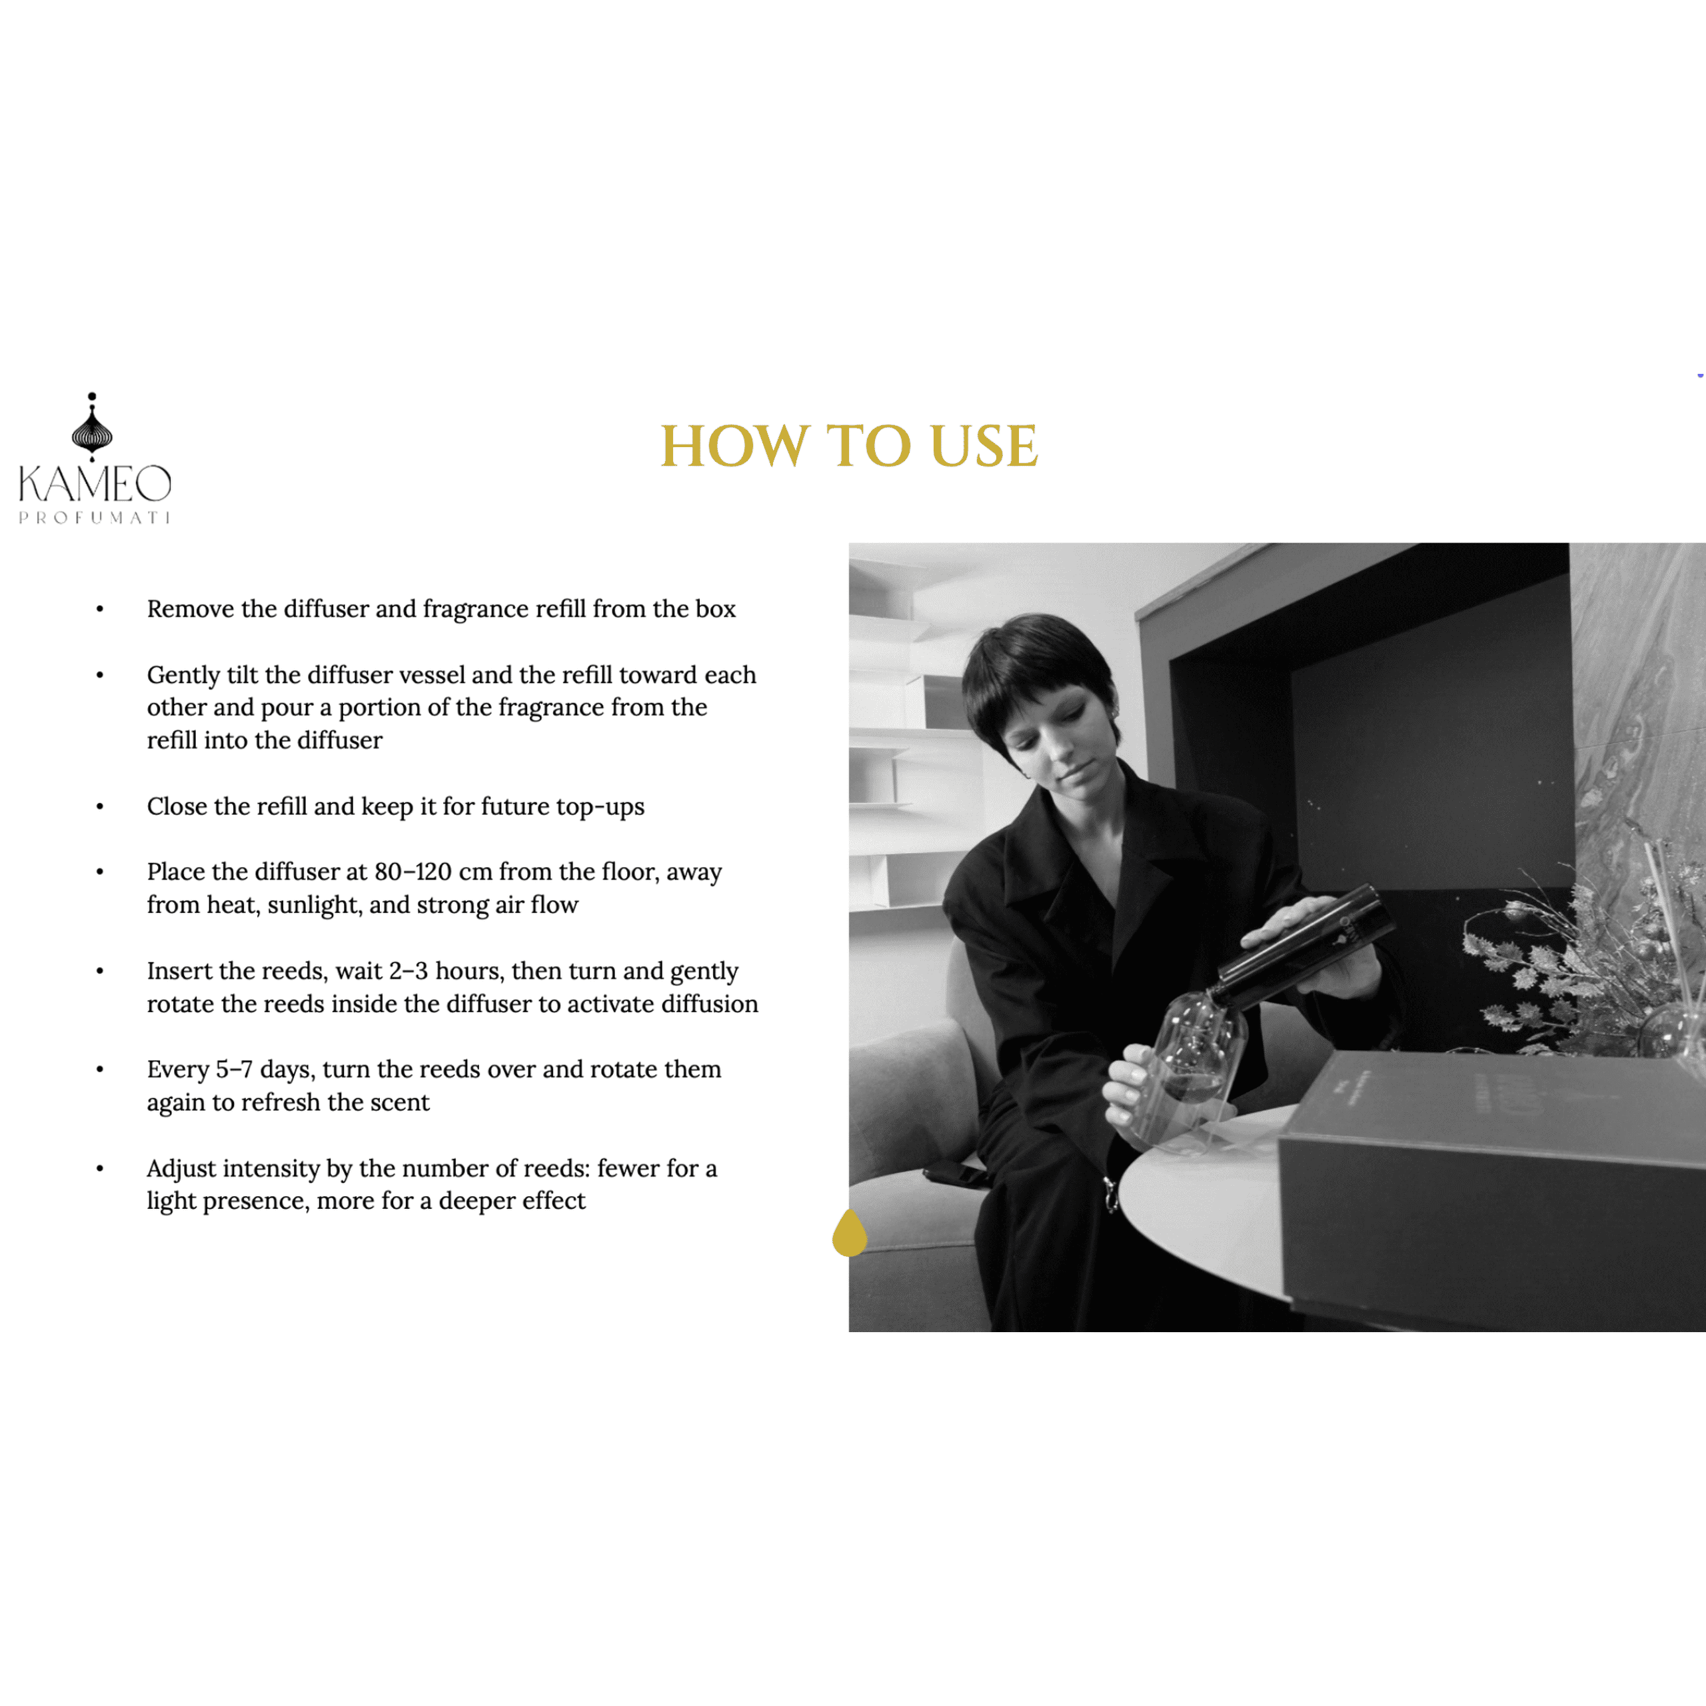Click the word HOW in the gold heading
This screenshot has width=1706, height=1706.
(734, 446)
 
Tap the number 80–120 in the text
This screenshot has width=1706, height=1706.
(413, 872)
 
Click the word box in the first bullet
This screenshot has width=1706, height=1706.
(715, 609)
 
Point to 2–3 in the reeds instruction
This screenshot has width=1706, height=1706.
(408, 972)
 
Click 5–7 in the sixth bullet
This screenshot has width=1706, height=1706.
(234, 1070)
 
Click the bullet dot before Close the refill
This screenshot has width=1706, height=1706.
(100, 806)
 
